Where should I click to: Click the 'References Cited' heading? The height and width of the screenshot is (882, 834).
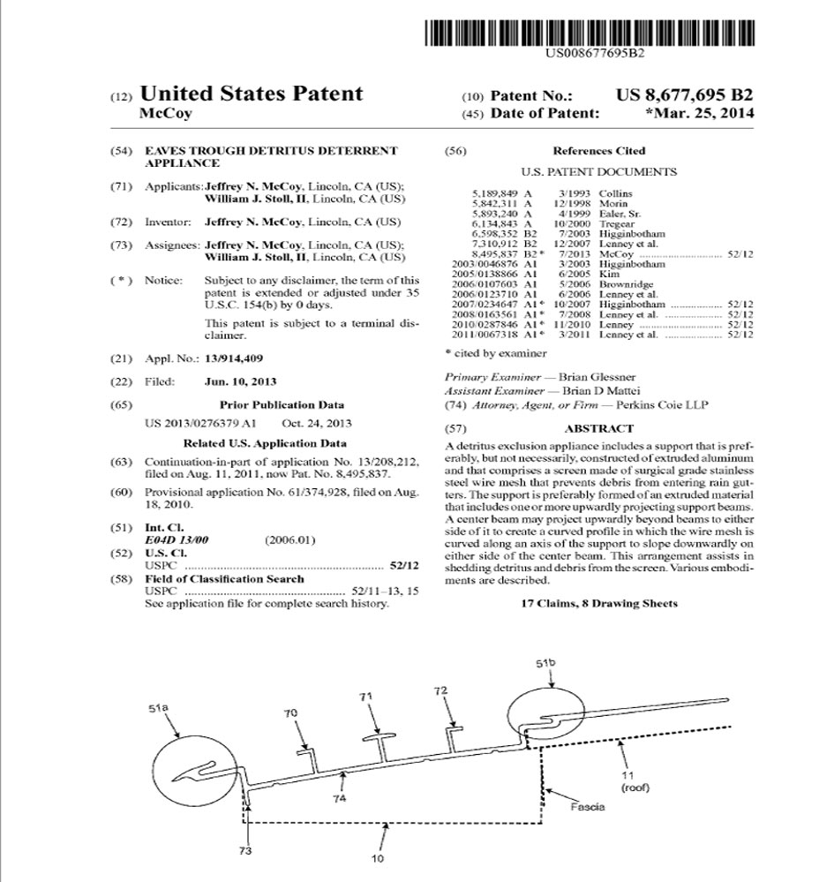[x=598, y=151]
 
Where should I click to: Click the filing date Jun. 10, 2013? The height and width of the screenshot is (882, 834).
[x=240, y=381]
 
